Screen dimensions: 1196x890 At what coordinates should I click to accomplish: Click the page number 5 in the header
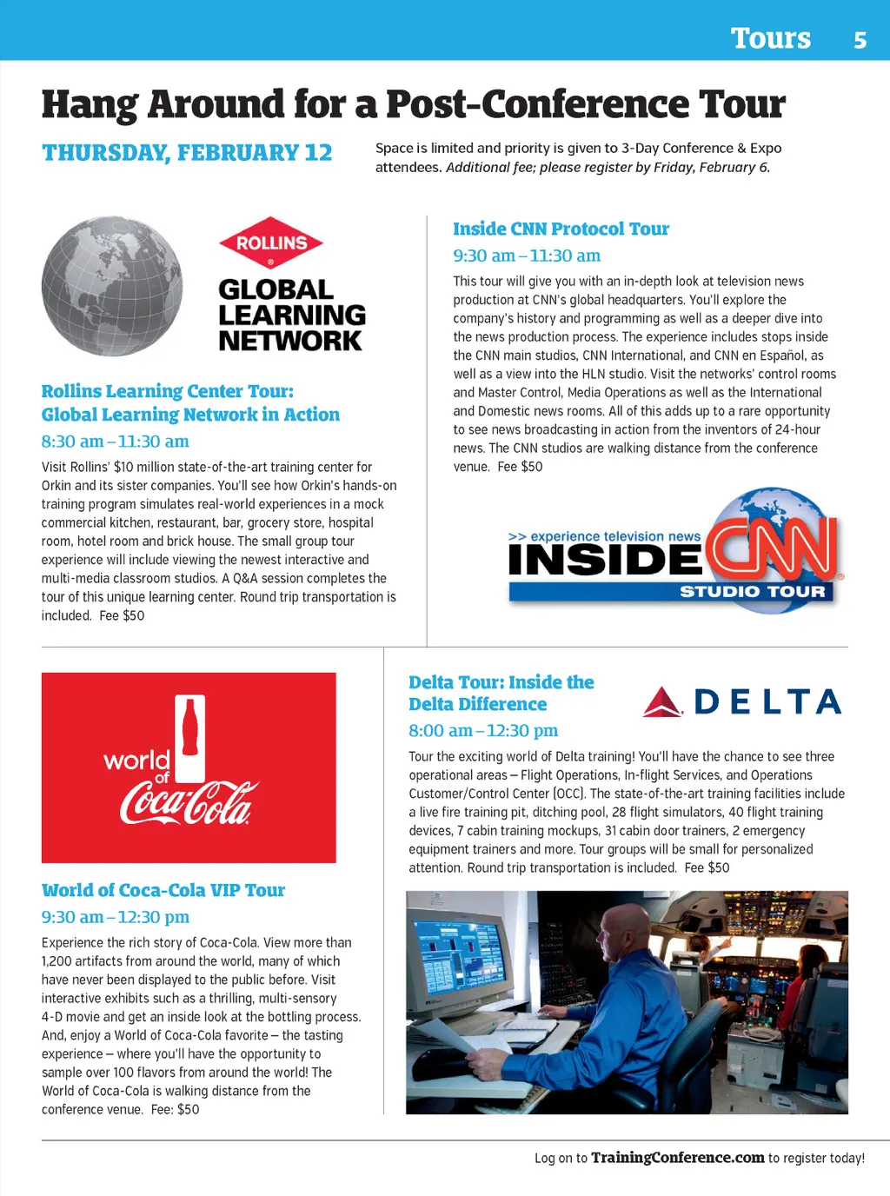pyautogui.click(x=860, y=40)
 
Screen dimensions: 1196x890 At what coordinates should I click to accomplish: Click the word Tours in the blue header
pyautogui.click(x=770, y=39)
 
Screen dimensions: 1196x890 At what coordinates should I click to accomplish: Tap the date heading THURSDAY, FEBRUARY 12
pyautogui.click(x=187, y=153)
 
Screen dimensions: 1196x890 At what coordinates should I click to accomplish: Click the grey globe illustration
pyautogui.click(x=112, y=286)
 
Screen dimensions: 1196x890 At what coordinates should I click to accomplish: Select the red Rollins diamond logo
pyautogui.click(x=271, y=243)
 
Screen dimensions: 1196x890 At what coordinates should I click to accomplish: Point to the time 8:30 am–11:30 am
pyautogui.click(x=115, y=442)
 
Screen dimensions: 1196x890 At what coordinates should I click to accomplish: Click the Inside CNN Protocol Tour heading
pyautogui.click(x=561, y=229)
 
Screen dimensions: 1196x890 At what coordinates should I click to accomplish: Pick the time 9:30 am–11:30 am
pyautogui.click(x=527, y=256)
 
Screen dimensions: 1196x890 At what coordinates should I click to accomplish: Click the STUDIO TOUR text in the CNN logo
pyautogui.click(x=752, y=592)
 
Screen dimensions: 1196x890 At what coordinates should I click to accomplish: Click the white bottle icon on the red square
pyautogui.click(x=190, y=737)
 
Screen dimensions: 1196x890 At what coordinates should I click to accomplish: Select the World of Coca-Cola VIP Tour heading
pyautogui.click(x=163, y=890)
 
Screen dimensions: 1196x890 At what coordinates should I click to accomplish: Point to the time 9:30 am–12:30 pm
pyautogui.click(x=115, y=917)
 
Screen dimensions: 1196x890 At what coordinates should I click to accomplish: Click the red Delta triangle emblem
pyautogui.click(x=661, y=702)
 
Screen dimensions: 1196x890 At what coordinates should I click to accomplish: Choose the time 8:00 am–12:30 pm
pyautogui.click(x=483, y=731)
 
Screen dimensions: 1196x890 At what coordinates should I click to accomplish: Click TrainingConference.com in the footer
pyautogui.click(x=677, y=1158)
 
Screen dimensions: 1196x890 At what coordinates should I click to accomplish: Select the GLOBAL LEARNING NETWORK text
pyautogui.click(x=292, y=315)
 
